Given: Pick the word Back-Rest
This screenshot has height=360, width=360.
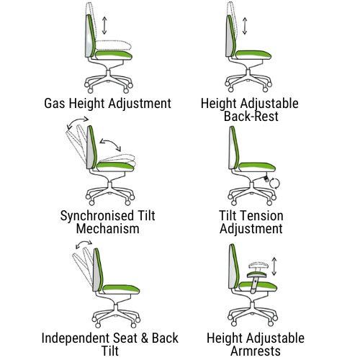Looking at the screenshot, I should point(251,116).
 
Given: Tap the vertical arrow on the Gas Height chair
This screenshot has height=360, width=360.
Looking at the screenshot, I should point(105,25).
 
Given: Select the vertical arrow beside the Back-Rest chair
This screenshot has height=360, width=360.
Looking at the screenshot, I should point(245,24).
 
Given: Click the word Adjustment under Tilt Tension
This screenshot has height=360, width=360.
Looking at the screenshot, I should point(251,229).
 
